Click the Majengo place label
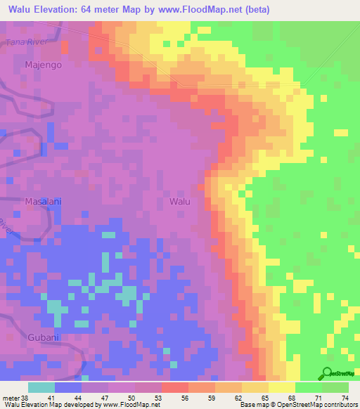click(x=44, y=65)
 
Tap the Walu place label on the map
click(x=180, y=201)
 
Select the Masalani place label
click(x=44, y=201)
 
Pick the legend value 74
click(x=345, y=397)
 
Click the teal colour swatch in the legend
click(x=41, y=387)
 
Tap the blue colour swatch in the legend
click(x=68, y=387)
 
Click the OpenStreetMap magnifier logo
click(x=326, y=375)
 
